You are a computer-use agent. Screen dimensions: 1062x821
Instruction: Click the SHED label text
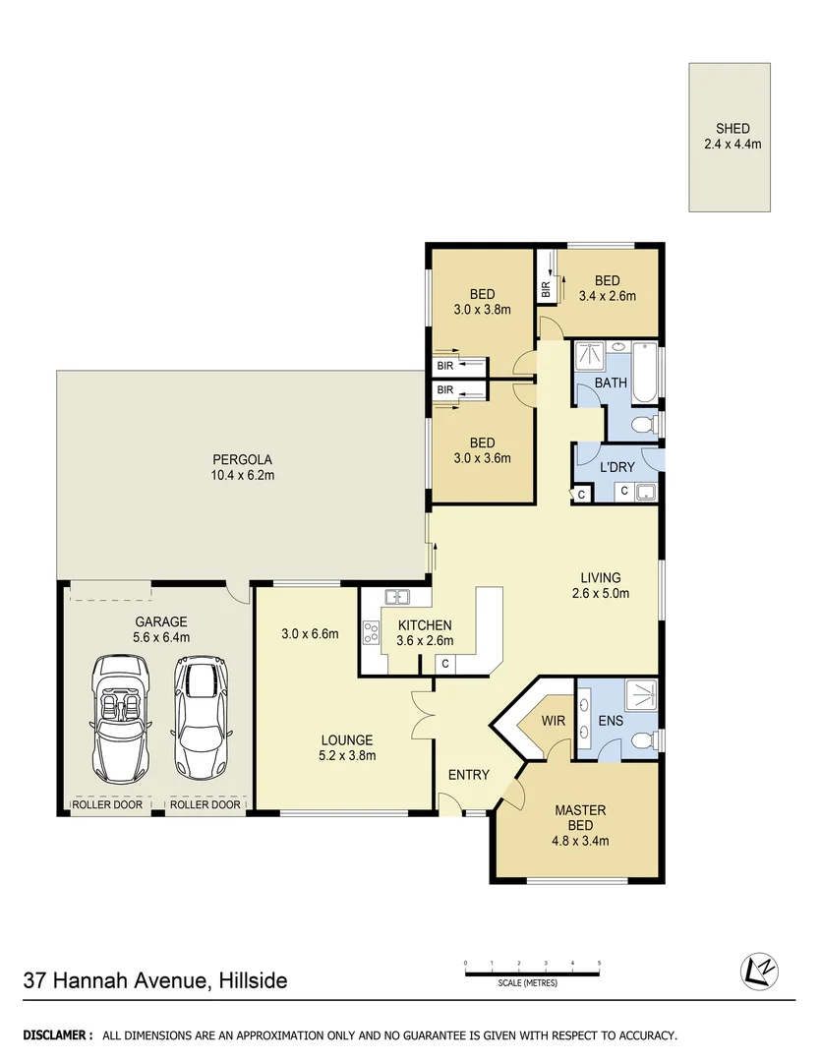coord(733,129)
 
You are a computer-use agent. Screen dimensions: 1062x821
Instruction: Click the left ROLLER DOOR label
coord(107,804)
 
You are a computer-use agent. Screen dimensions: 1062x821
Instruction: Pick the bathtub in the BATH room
coord(644,372)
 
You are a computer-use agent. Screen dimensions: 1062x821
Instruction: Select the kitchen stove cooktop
coord(372,633)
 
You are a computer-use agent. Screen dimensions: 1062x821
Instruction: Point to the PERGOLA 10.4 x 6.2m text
coord(242,466)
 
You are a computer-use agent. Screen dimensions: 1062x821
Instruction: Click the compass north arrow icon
coord(756,971)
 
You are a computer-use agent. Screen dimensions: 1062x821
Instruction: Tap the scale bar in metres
coord(532,973)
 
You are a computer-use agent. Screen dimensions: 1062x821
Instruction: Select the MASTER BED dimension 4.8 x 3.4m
coord(580,841)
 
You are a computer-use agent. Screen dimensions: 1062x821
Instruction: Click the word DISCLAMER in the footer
coord(58,1035)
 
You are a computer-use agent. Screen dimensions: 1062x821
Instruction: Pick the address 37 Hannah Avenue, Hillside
coord(155,980)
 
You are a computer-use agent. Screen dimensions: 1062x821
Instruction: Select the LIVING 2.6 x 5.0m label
coord(600,585)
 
